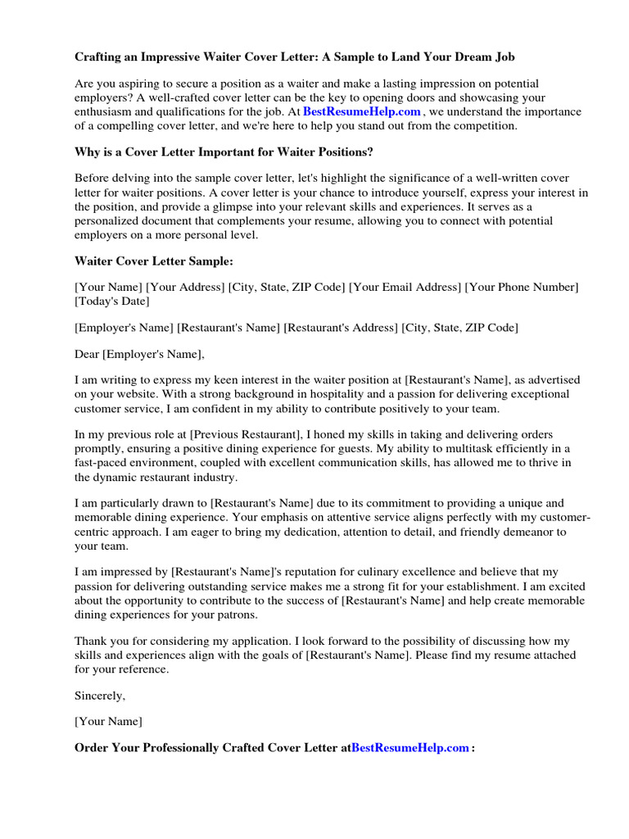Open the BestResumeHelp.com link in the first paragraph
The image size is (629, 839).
coord(361,111)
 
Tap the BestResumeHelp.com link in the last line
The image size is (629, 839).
coord(410,747)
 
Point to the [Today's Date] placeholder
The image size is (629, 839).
coord(112,301)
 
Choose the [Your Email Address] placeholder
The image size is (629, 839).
coord(405,287)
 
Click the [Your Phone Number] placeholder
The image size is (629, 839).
coord(522,287)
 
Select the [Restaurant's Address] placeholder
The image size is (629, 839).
coord(340,328)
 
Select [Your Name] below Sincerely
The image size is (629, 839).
coord(108,721)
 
